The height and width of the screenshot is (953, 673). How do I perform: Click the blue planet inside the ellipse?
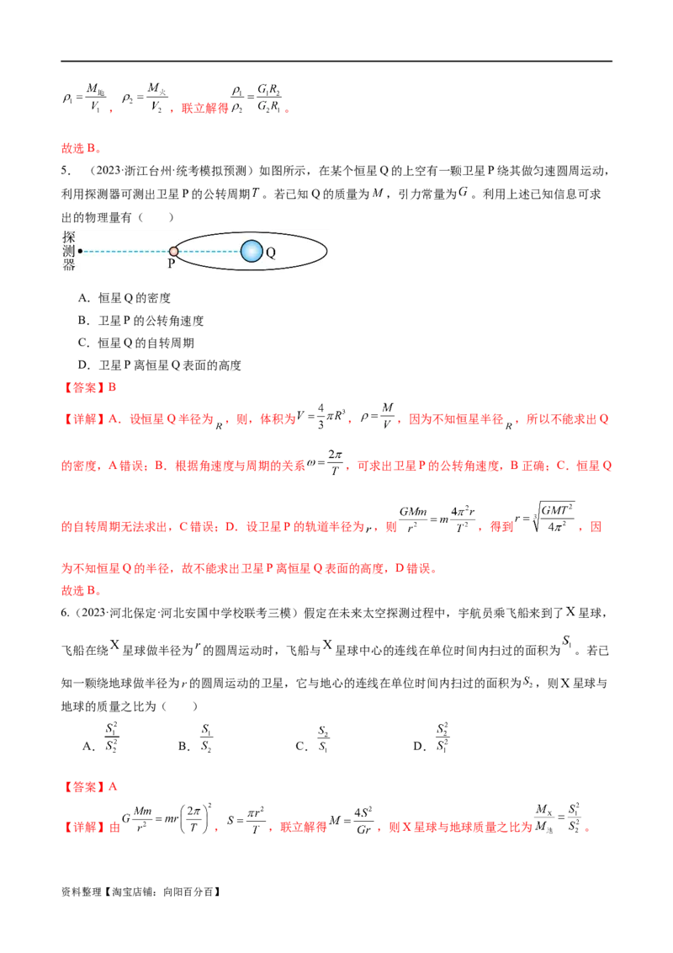pos(252,251)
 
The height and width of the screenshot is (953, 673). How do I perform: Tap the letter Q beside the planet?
pos(271,252)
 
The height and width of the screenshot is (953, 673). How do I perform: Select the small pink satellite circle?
pos(173,251)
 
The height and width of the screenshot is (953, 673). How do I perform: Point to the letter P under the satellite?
pos(171,263)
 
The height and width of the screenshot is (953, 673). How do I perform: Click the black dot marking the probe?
pos(80,251)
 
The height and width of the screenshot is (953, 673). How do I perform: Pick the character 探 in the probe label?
pos(69,238)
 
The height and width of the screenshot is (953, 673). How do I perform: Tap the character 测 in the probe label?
pos(69,252)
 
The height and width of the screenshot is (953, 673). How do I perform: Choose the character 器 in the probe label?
pos(69,266)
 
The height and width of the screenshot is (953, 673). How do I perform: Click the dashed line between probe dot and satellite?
pos(126,251)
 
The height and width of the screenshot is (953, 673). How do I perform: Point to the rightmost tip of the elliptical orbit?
pos(326,251)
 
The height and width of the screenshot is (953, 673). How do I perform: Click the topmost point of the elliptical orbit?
pos(251,231)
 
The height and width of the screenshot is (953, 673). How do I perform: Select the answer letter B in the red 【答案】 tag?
pos(114,388)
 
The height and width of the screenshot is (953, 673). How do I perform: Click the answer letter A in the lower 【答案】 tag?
pos(114,788)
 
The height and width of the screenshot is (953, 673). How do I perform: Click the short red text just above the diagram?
pos(80,149)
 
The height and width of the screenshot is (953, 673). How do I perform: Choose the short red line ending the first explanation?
pos(80,593)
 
